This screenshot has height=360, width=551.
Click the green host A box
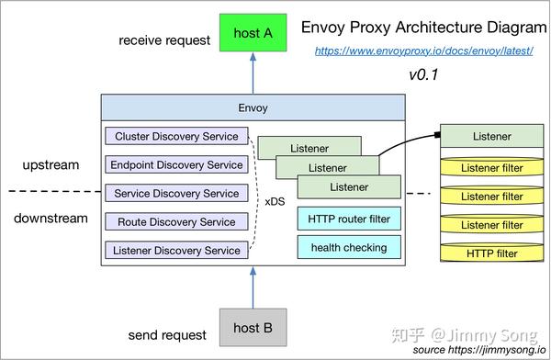[x=253, y=33]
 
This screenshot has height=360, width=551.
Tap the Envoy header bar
[x=253, y=107]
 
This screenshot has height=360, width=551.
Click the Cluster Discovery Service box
[x=176, y=137]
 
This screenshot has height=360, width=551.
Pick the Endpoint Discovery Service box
[x=176, y=165]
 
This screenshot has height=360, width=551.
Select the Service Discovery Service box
[x=176, y=194]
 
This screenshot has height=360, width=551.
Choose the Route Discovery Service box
[x=176, y=221]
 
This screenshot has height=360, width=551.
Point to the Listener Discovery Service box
[x=176, y=250]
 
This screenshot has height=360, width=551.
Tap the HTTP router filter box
[x=349, y=219]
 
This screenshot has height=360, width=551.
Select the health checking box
[x=349, y=247]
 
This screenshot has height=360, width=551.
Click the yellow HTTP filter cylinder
[x=492, y=253]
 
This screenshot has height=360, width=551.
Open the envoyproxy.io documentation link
[x=424, y=51]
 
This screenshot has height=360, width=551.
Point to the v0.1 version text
[x=423, y=74]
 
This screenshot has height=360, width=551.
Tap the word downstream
[x=51, y=219]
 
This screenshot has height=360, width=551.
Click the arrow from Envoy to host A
[x=253, y=73]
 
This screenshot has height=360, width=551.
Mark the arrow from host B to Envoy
[x=253, y=287]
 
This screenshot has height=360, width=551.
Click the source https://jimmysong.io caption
[x=478, y=350]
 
